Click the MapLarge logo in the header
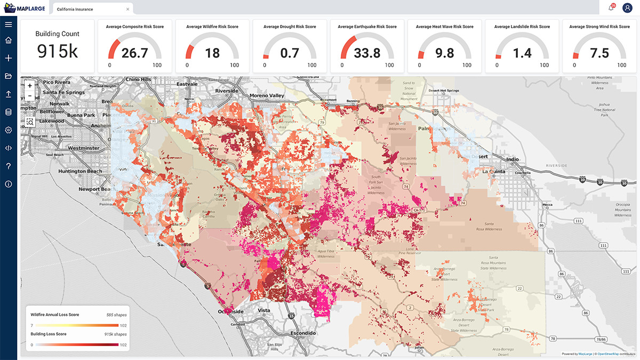click(x=25, y=8)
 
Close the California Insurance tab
click(x=127, y=9)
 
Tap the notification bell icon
click(x=611, y=8)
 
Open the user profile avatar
click(x=627, y=8)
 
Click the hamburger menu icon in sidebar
click(x=9, y=24)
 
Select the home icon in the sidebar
click(x=9, y=41)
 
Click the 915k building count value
click(x=57, y=51)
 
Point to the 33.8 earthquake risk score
click(x=367, y=53)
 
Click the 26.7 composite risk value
click(x=134, y=53)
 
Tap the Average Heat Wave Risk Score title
click(x=444, y=27)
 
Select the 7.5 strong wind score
click(x=599, y=53)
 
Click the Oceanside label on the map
click(x=230, y=311)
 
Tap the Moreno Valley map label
click(x=267, y=95)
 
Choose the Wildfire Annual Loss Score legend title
click(x=55, y=315)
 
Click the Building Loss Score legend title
click(x=49, y=334)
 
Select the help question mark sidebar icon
click(x=9, y=166)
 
